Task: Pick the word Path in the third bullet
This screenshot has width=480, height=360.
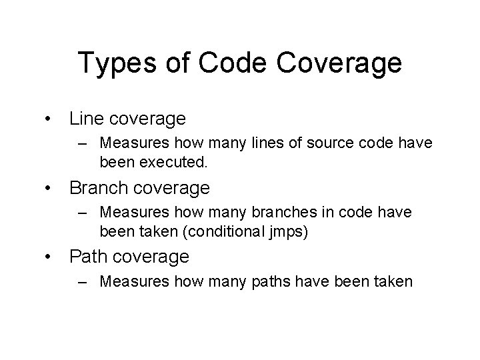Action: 87,256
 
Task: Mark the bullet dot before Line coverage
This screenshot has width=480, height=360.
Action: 48,120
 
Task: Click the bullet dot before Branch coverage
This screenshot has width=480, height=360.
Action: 48,189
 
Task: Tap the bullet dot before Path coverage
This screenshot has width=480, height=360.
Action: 48,257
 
